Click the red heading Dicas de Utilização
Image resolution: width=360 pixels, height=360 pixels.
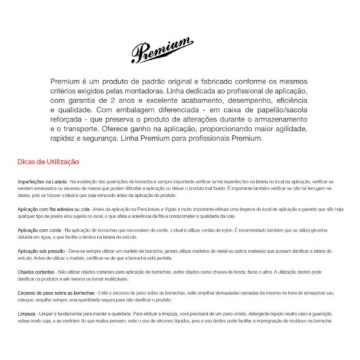[48, 162]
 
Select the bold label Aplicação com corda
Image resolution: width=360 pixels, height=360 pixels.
[39, 231]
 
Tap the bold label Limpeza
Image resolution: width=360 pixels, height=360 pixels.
[28, 314]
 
